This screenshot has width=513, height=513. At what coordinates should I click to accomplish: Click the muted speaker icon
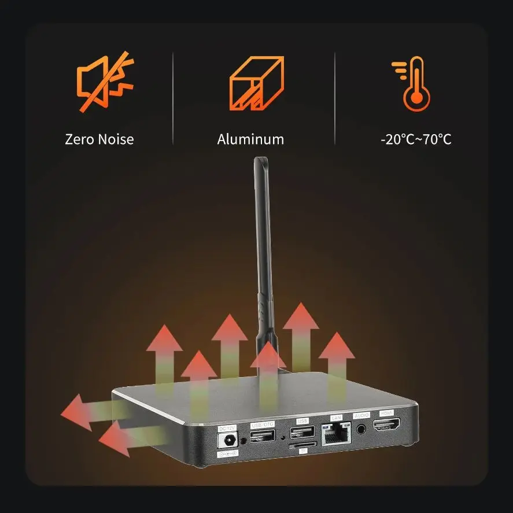tap(105, 84)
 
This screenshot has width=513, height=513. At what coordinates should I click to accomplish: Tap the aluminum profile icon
tap(257, 84)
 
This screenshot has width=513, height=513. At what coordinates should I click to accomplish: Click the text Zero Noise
tap(99, 139)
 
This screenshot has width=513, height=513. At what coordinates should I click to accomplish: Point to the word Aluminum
tap(250, 139)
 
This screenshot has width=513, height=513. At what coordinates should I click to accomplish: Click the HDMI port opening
tap(387, 428)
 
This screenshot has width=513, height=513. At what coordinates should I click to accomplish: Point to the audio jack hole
tap(362, 429)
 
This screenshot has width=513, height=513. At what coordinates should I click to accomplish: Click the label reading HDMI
tap(386, 414)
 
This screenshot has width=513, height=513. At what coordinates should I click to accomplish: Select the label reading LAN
tap(336, 418)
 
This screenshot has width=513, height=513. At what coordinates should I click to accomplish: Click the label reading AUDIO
tap(361, 415)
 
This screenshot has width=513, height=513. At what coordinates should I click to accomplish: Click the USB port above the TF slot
tap(302, 432)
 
